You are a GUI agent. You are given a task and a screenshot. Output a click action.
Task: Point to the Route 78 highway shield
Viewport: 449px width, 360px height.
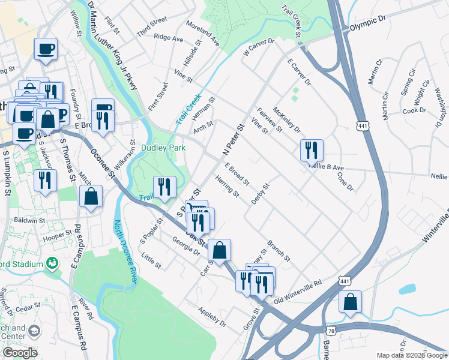tap(331, 331)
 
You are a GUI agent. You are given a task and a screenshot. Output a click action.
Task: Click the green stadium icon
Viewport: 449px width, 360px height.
tap(53, 263)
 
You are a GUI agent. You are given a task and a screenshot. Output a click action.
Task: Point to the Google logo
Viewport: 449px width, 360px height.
tap(20, 353)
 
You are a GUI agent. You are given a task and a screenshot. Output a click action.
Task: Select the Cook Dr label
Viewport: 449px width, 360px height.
tap(414, 110)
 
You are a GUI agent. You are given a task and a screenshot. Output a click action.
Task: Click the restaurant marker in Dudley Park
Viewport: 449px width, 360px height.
tap(164, 187)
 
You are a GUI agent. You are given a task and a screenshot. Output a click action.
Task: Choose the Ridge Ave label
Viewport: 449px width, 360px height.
tap(169, 37)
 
